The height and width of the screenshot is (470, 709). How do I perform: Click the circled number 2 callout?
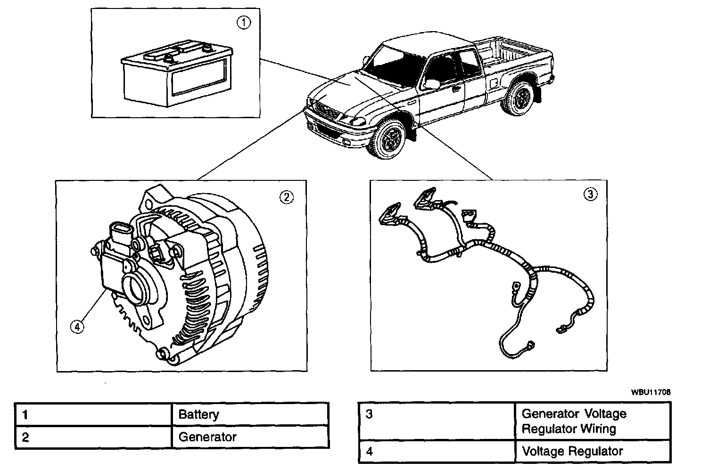point(287,197)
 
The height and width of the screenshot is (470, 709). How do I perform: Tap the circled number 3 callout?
point(590,194)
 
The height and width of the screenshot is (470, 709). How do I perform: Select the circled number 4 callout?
point(77,326)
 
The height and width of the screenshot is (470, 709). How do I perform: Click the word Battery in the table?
point(198,415)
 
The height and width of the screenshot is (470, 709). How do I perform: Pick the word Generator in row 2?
point(207,437)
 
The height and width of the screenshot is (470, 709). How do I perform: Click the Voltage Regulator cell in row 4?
point(572,451)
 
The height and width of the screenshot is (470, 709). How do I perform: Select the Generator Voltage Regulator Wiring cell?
point(574,421)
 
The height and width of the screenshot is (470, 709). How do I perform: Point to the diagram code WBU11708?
point(651,392)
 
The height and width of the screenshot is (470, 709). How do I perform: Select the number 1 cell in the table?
point(93,415)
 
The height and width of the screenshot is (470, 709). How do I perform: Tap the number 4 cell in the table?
point(436,451)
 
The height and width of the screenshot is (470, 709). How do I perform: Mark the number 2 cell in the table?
point(93,437)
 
